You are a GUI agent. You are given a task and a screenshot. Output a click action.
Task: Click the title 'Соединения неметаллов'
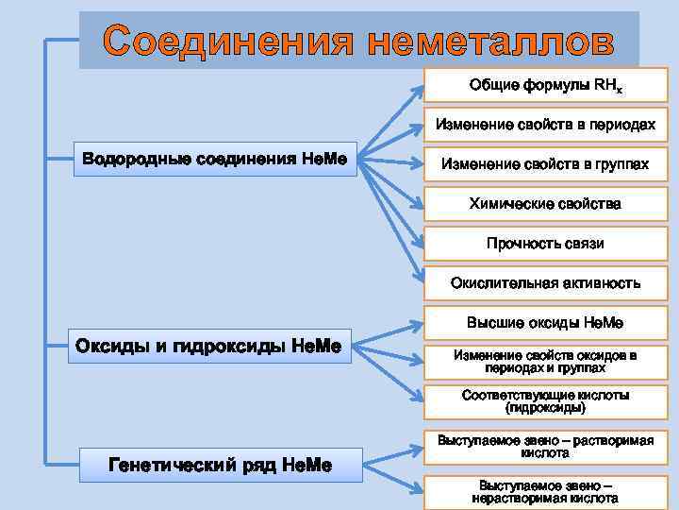pyautogui.click(x=358, y=41)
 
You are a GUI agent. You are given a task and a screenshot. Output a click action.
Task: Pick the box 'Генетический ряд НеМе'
pyautogui.click(x=221, y=465)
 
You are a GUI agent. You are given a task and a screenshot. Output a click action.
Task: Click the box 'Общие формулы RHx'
pyautogui.click(x=545, y=86)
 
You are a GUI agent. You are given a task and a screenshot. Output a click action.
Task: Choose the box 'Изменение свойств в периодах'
pyautogui.click(x=545, y=125)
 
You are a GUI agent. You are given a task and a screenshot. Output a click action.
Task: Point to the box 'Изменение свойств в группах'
pyautogui.click(x=545, y=164)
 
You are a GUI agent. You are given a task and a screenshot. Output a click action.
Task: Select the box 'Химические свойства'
pyautogui.click(x=545, y=204)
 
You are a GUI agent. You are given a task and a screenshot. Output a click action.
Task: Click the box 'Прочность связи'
pyautogui.click(x=545, y=244)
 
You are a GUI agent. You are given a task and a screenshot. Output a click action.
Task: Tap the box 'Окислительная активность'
pyautogui.click(x=545, y=282)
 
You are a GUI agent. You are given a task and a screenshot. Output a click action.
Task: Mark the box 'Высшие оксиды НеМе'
pyautogui.click(x=545, y=323)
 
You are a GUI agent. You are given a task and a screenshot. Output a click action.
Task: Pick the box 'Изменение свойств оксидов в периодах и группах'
pyautogui.click(x=545, y=362)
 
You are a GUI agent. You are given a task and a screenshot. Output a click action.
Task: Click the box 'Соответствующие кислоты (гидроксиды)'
pyautogui.click(x=545, y=401)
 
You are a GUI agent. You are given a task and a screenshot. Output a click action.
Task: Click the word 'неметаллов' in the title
pyautogui.click(x=491, y=41)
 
